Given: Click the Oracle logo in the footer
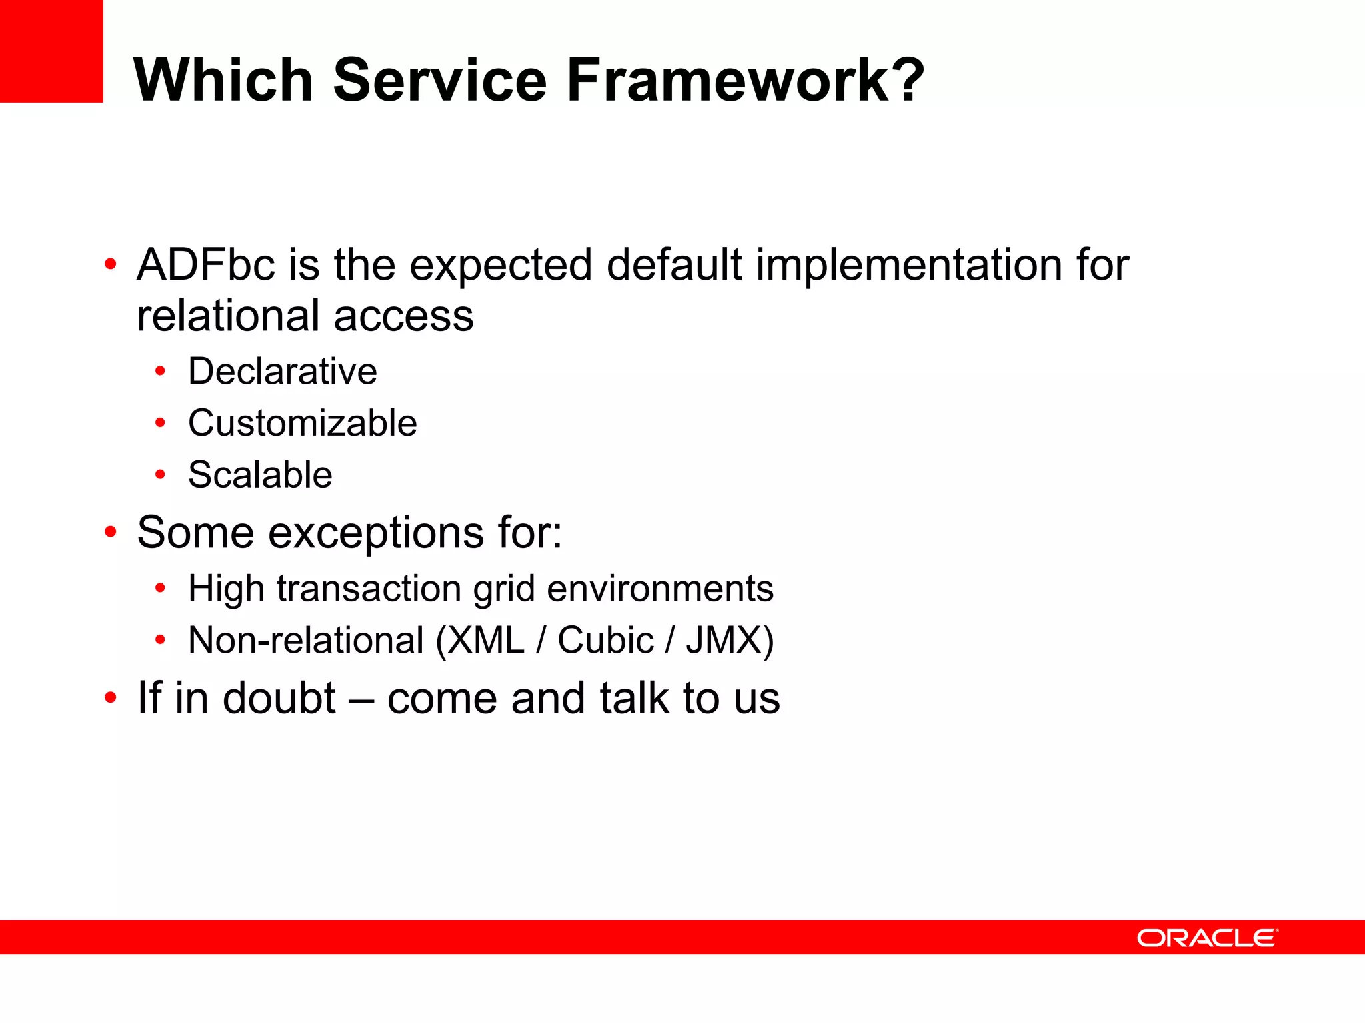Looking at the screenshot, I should point(1207,938).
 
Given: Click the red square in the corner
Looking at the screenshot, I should point(51,51).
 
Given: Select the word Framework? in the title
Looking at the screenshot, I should point(745,80).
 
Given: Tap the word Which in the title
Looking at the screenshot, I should point(223,80).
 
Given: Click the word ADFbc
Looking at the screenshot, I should point(205,265).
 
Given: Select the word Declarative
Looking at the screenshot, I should point(283,371).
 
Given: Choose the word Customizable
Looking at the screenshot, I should point(303,423).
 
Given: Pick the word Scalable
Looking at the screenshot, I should point(260,475).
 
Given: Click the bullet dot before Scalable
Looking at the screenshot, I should point(160,475).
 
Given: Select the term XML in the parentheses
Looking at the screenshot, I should point(486,641).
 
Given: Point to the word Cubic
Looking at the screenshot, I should point(605,641).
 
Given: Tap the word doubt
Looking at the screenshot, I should point(279,698).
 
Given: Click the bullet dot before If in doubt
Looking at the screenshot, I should point(111,699).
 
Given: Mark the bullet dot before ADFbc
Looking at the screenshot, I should point(111,265).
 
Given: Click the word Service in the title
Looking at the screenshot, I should point(440,80).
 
